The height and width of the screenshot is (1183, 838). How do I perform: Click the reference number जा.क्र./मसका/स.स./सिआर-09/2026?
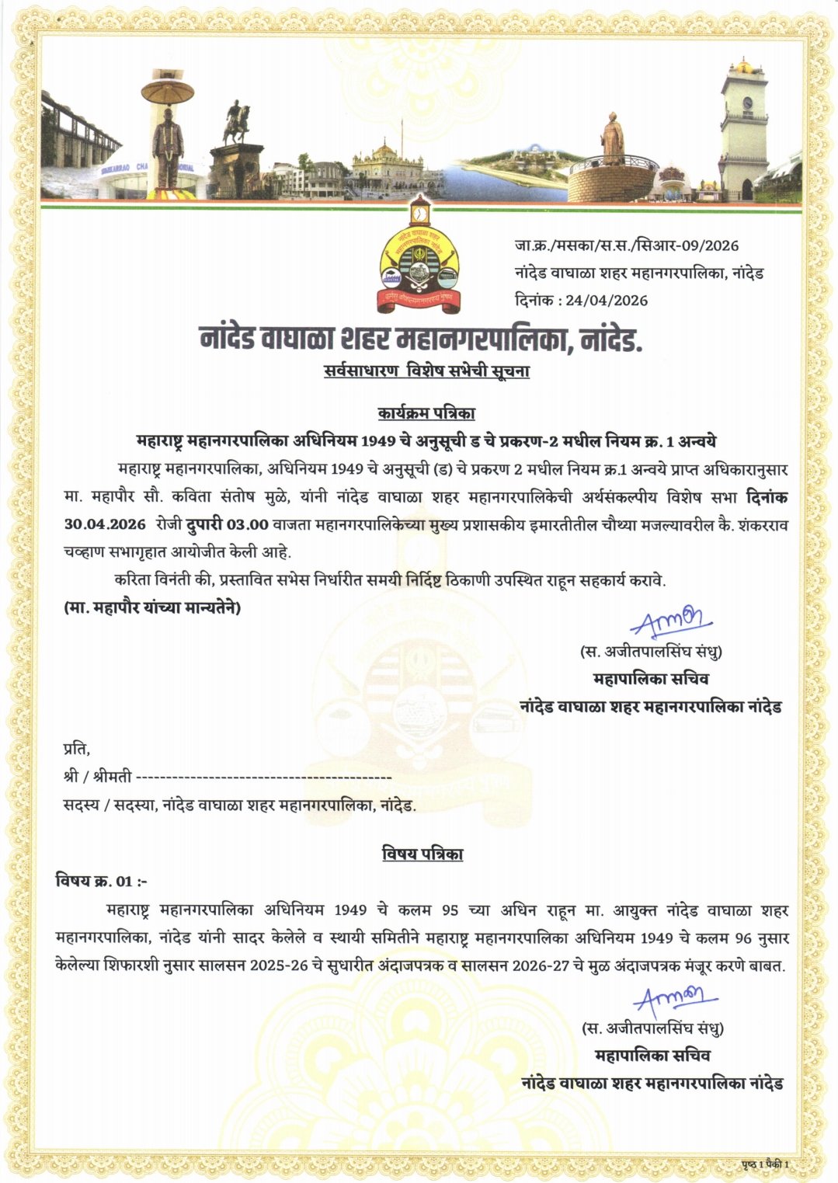pyautogui.click(x=626, y=246)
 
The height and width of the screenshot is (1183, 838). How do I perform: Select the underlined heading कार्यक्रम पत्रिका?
pyautogui.click(x=426, y=413)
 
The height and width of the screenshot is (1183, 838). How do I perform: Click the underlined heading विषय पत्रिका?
pyautogui.click(x=422, y=854)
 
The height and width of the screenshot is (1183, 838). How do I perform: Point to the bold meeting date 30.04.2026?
pyautogui.click(x=105, y=524)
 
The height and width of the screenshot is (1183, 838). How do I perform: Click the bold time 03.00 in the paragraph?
pyautogui.click(x=247, y=524)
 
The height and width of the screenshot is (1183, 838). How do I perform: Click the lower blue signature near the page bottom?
pyautogui.click(x=674, y=1000)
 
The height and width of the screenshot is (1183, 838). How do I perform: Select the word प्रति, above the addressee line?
pyautogui.click(x=76, y=750)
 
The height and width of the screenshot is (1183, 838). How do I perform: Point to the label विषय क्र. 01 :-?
pyautogui.click(x=101, y=881)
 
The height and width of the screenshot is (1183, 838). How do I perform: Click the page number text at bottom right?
pyautogui.click(x=765, y=1164)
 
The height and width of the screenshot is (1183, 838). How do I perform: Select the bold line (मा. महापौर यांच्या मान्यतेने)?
pyautogui.click(x=152, y=607)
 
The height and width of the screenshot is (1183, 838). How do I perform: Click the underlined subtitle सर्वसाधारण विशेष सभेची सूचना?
pyautogui.click(x=426, y=371)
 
